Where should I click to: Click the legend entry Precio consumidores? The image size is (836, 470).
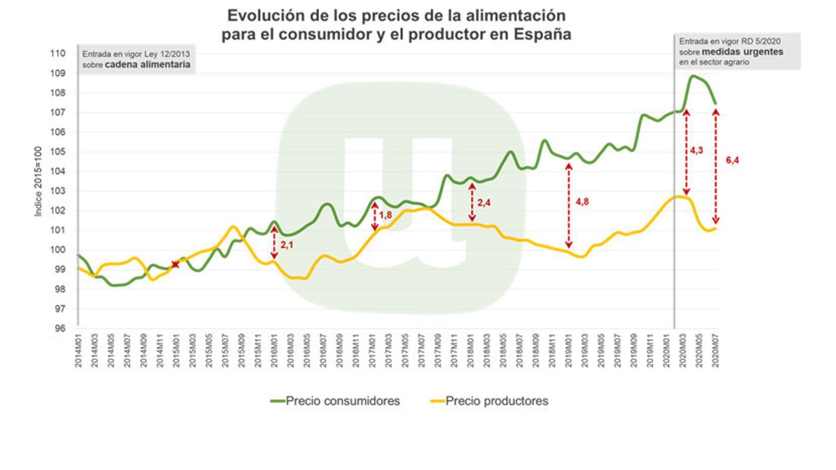pyautogui.click(x=342, y=401)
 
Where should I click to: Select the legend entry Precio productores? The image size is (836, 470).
pyautogui.click(x=496, y=401)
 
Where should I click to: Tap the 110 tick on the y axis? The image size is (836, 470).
pyautogui.click(x=59, y=53)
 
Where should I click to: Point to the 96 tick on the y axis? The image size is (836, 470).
pyautogui.click(x=61, y=328)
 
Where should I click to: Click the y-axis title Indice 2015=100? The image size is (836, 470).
pyautogui.click(x=38, y=182)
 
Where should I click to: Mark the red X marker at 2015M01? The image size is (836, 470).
pyautogui.click(x=176, y=265)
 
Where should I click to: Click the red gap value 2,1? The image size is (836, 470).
pyautogui.click(x=287, y=244)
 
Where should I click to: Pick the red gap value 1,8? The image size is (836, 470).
pyautogui.click(x=386, y=215)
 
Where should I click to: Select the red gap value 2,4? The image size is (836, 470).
pyautogui.click(x=484, y=203)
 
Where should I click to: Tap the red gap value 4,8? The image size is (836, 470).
pyautogui.click(x=582, y=202)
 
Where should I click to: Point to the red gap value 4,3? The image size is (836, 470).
pyautogui.click(x=696, y=150)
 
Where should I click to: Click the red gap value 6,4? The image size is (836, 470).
pyautogui.click(x=733, y=160)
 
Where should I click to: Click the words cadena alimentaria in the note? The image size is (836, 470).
pyautogui.click(x=147, y=65)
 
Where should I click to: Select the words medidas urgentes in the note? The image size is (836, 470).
pyautogui.click(x=742, y=52)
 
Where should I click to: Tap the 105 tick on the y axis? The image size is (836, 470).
pyautogui.click(x=59, y=152)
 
